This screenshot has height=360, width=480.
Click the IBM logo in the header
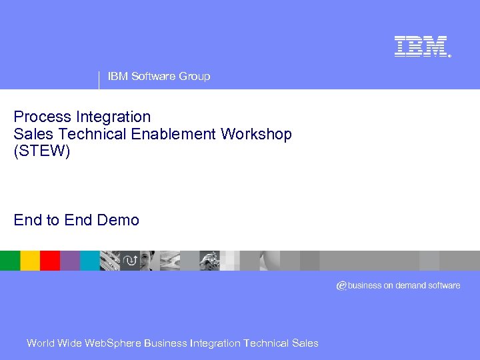tap(421, 47)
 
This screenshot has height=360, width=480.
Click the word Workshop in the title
tap(257, 134)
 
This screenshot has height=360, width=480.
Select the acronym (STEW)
tap(41, 151)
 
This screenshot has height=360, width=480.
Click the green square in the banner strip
tap(10, 261)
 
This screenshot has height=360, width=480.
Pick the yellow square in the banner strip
tap(30, 261)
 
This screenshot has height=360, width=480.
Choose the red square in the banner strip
tap(50, 261)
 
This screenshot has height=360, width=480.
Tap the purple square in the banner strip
tap(70, 261)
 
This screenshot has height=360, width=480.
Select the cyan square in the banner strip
tap(90, 261)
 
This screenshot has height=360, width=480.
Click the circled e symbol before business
tap(341, 285)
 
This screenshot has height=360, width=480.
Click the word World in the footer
tap(41, 343)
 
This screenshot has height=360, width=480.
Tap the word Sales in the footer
tap(305, 343)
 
